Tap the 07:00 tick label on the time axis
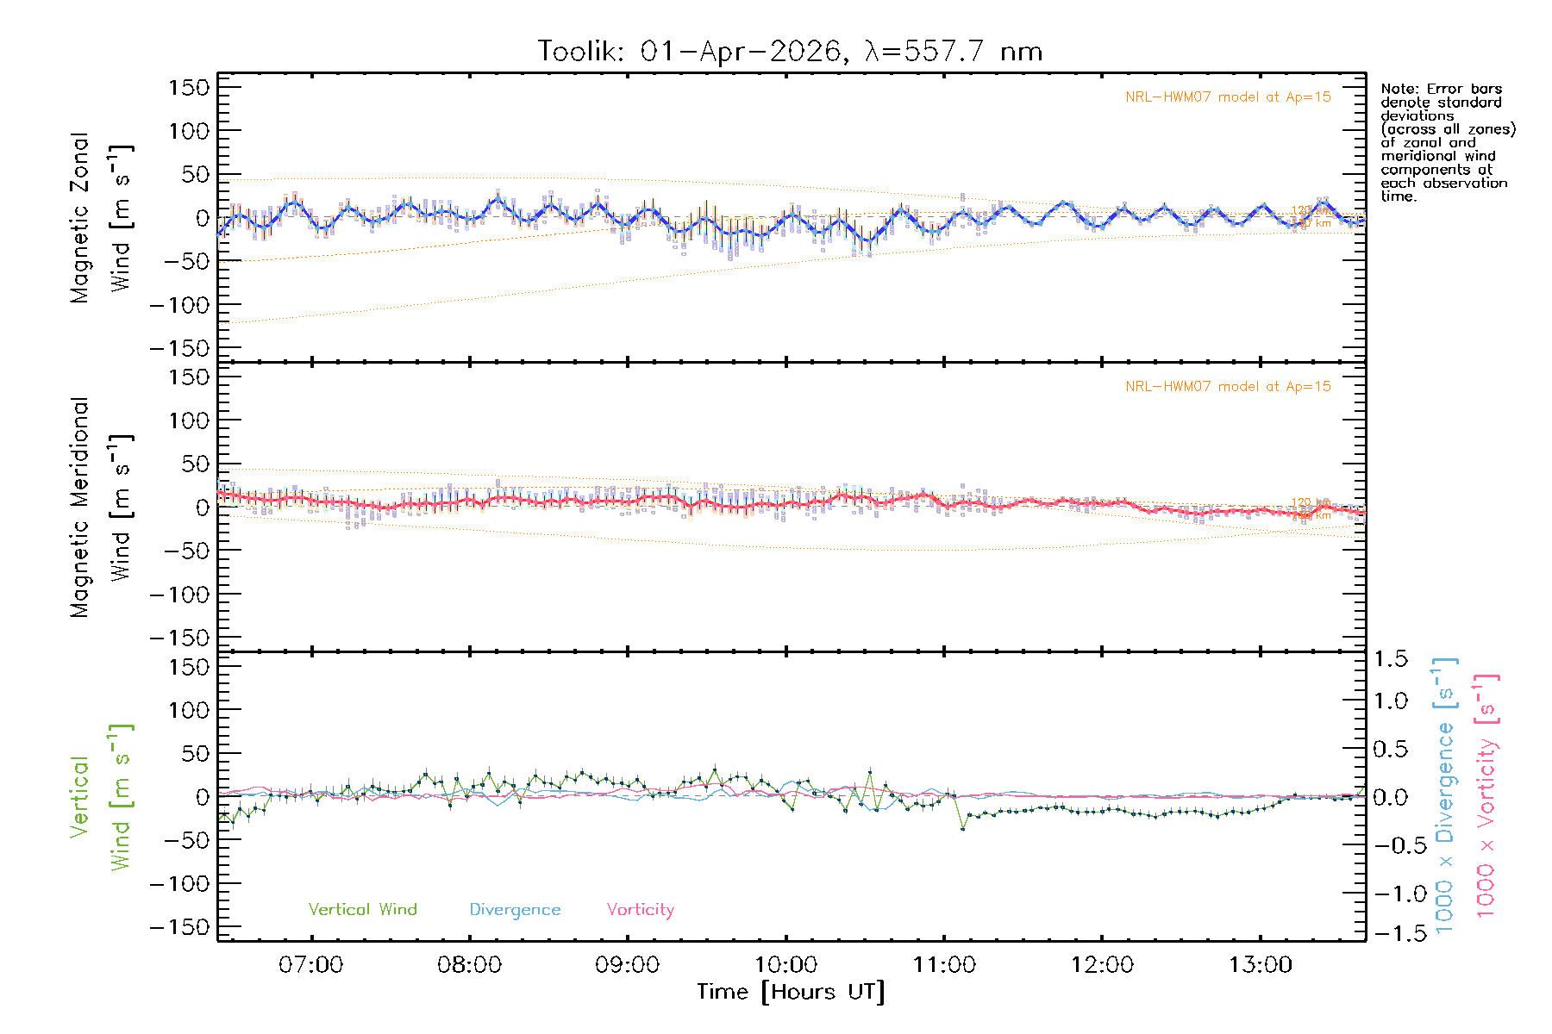coord(310,965)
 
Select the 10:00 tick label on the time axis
coord(785,965)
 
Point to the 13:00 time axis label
coord(1261,965)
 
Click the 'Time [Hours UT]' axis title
coord(791,993)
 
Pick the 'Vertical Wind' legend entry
coord(362,910)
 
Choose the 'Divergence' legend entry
coord(515,910)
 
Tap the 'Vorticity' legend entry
coord(640,910)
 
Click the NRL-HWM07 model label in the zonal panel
coord(1228,97)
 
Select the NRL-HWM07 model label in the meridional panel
coord(1228,387)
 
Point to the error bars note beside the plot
coord(1447,142)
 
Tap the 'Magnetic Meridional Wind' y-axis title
coord(102,508)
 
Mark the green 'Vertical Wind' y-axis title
coord(102,797)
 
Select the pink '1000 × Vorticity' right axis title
coord(1486,796)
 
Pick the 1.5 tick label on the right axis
coord(1390,659)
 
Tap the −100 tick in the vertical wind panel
coord(180,884)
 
